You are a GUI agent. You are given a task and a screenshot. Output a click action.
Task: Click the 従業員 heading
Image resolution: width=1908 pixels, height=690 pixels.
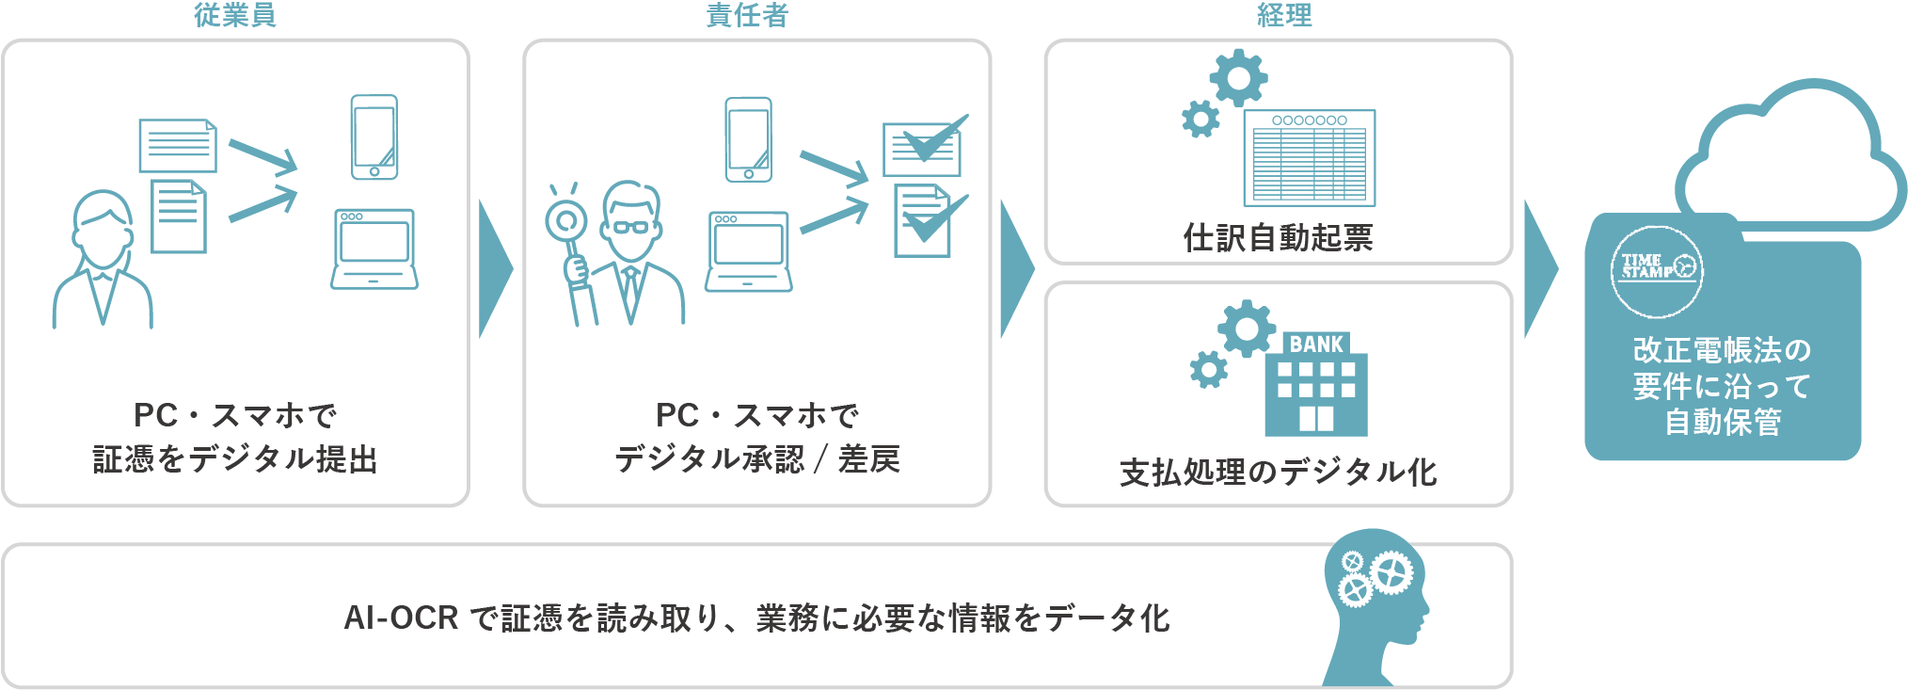tap(235, 15)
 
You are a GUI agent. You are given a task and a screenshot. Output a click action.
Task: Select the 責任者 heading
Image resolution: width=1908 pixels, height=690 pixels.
tap(747, 15)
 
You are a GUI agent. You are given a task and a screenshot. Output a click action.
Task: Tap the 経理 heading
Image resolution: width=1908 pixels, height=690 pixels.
tap(1284, 15)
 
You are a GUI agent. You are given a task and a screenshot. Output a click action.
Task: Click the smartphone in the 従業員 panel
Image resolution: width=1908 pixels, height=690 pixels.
tap(374, 137)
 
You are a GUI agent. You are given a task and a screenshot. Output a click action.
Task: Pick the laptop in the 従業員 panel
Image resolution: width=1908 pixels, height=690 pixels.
tap(374, 249)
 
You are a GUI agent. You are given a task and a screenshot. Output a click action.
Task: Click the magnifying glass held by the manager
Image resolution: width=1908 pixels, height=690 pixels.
tap(567, 222)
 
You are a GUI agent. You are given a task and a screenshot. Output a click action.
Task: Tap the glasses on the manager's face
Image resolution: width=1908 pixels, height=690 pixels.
tap(629, 227)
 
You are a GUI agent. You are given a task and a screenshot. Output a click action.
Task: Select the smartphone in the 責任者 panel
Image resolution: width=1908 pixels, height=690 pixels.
tap(749, 139)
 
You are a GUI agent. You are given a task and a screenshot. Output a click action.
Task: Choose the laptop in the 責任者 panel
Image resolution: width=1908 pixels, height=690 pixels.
tap(748, 251)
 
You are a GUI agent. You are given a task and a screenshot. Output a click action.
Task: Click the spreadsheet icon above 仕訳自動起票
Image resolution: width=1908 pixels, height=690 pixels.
tap(1309, 158)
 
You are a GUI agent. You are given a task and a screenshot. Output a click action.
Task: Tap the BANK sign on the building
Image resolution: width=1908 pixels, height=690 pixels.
tap(1316, 345)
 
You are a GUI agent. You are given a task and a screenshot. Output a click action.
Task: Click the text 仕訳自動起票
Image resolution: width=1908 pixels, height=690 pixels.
tap(1278, 237)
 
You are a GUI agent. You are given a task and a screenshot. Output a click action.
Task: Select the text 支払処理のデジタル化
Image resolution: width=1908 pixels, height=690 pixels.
tap(1278, 472)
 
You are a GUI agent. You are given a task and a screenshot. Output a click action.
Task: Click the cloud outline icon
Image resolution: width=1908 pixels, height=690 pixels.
tap(1788, 160)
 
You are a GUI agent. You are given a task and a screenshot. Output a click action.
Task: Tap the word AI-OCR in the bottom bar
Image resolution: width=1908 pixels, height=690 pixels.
tap(401, 618)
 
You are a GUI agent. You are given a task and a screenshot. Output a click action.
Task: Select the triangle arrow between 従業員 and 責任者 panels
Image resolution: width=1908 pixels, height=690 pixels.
tap(495, 269)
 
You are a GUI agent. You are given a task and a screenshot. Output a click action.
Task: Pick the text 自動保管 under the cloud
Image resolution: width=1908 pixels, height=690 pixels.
tap(1723, 422)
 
